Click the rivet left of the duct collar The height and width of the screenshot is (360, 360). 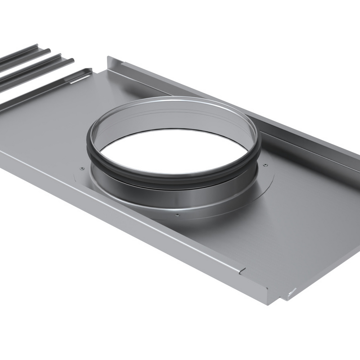(81, 168)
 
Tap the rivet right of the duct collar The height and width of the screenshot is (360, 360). (265, 164)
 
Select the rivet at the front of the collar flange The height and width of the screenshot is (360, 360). (178, 215)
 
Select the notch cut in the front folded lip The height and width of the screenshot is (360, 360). (243, 270)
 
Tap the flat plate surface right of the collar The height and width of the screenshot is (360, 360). (306, 211)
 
